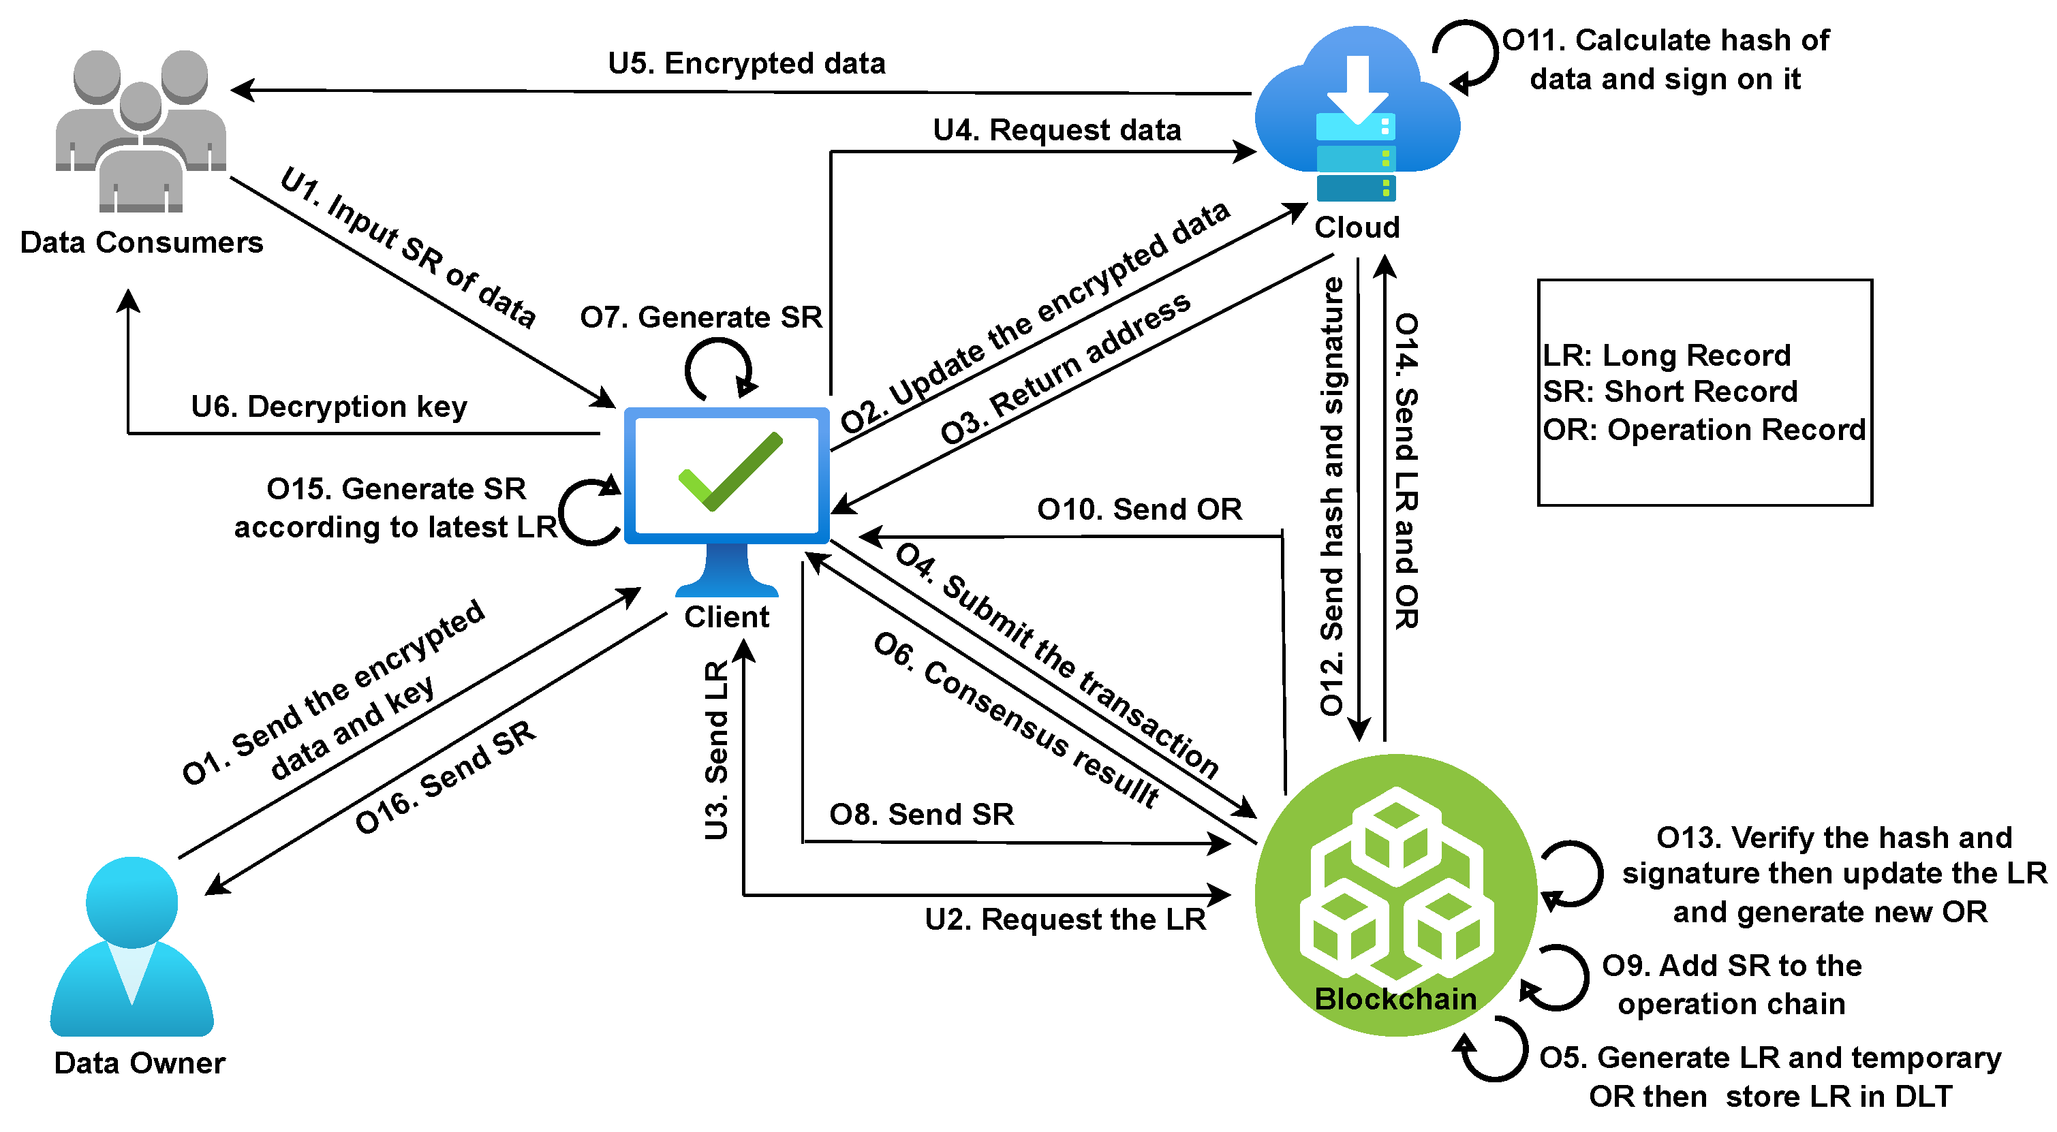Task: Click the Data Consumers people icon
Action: pyautogui.click(x=140, y=131)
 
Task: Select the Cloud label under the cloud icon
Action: pyautogui.click(x=1357, y=227)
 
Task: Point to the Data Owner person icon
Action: pyautogui.click(x=132, y=946)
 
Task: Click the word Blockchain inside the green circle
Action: pyautogui.click(x=1395, y=999)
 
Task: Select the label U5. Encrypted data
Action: pyautogui.click(x=747, y=63)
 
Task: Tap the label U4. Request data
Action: pyautogui.click(x=1057, y=129)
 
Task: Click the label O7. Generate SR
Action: pyautogui.click(x=700, y=317)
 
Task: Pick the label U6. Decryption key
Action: pyautogui.click(x=329, y=407)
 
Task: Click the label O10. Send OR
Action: pyautogui.click(x=1139, y=509)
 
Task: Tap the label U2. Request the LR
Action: pyautogui.click(x=1064, y=919)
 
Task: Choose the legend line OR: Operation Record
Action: pyautogui.click(x=1703, y=430)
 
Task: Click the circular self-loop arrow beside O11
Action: pyautogui.click(x=1466, y=54)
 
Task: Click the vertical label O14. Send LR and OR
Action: pyautogui.click(x=1406, y=471)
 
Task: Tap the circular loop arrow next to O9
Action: pyautogui.click(x=1556, y=979)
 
